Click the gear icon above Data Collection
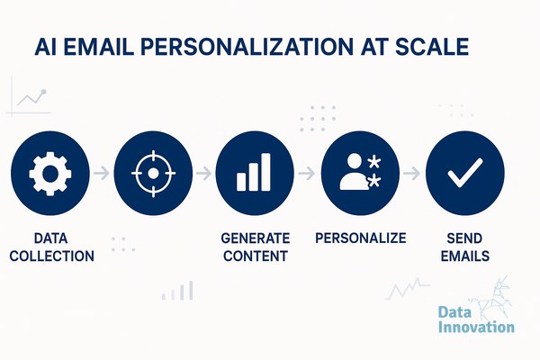tap(50, 174)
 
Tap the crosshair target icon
tap(153, 174)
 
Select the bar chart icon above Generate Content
tap(254, 172)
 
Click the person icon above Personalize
tap(355, 172)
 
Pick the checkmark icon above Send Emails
tap(465, 173)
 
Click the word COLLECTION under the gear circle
tap(52, 256)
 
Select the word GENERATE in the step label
tap(256, 238)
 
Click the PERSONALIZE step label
tap(361, 238)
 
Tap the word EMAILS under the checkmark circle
tap(465, 256)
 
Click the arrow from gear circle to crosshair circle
tap(101, 173)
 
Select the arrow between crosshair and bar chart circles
tap(203, 173)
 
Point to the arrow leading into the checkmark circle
tap(412, 173)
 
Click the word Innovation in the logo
tap(476, 326)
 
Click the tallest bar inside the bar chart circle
tap(265, 172)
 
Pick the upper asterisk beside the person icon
tap(374, 162)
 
